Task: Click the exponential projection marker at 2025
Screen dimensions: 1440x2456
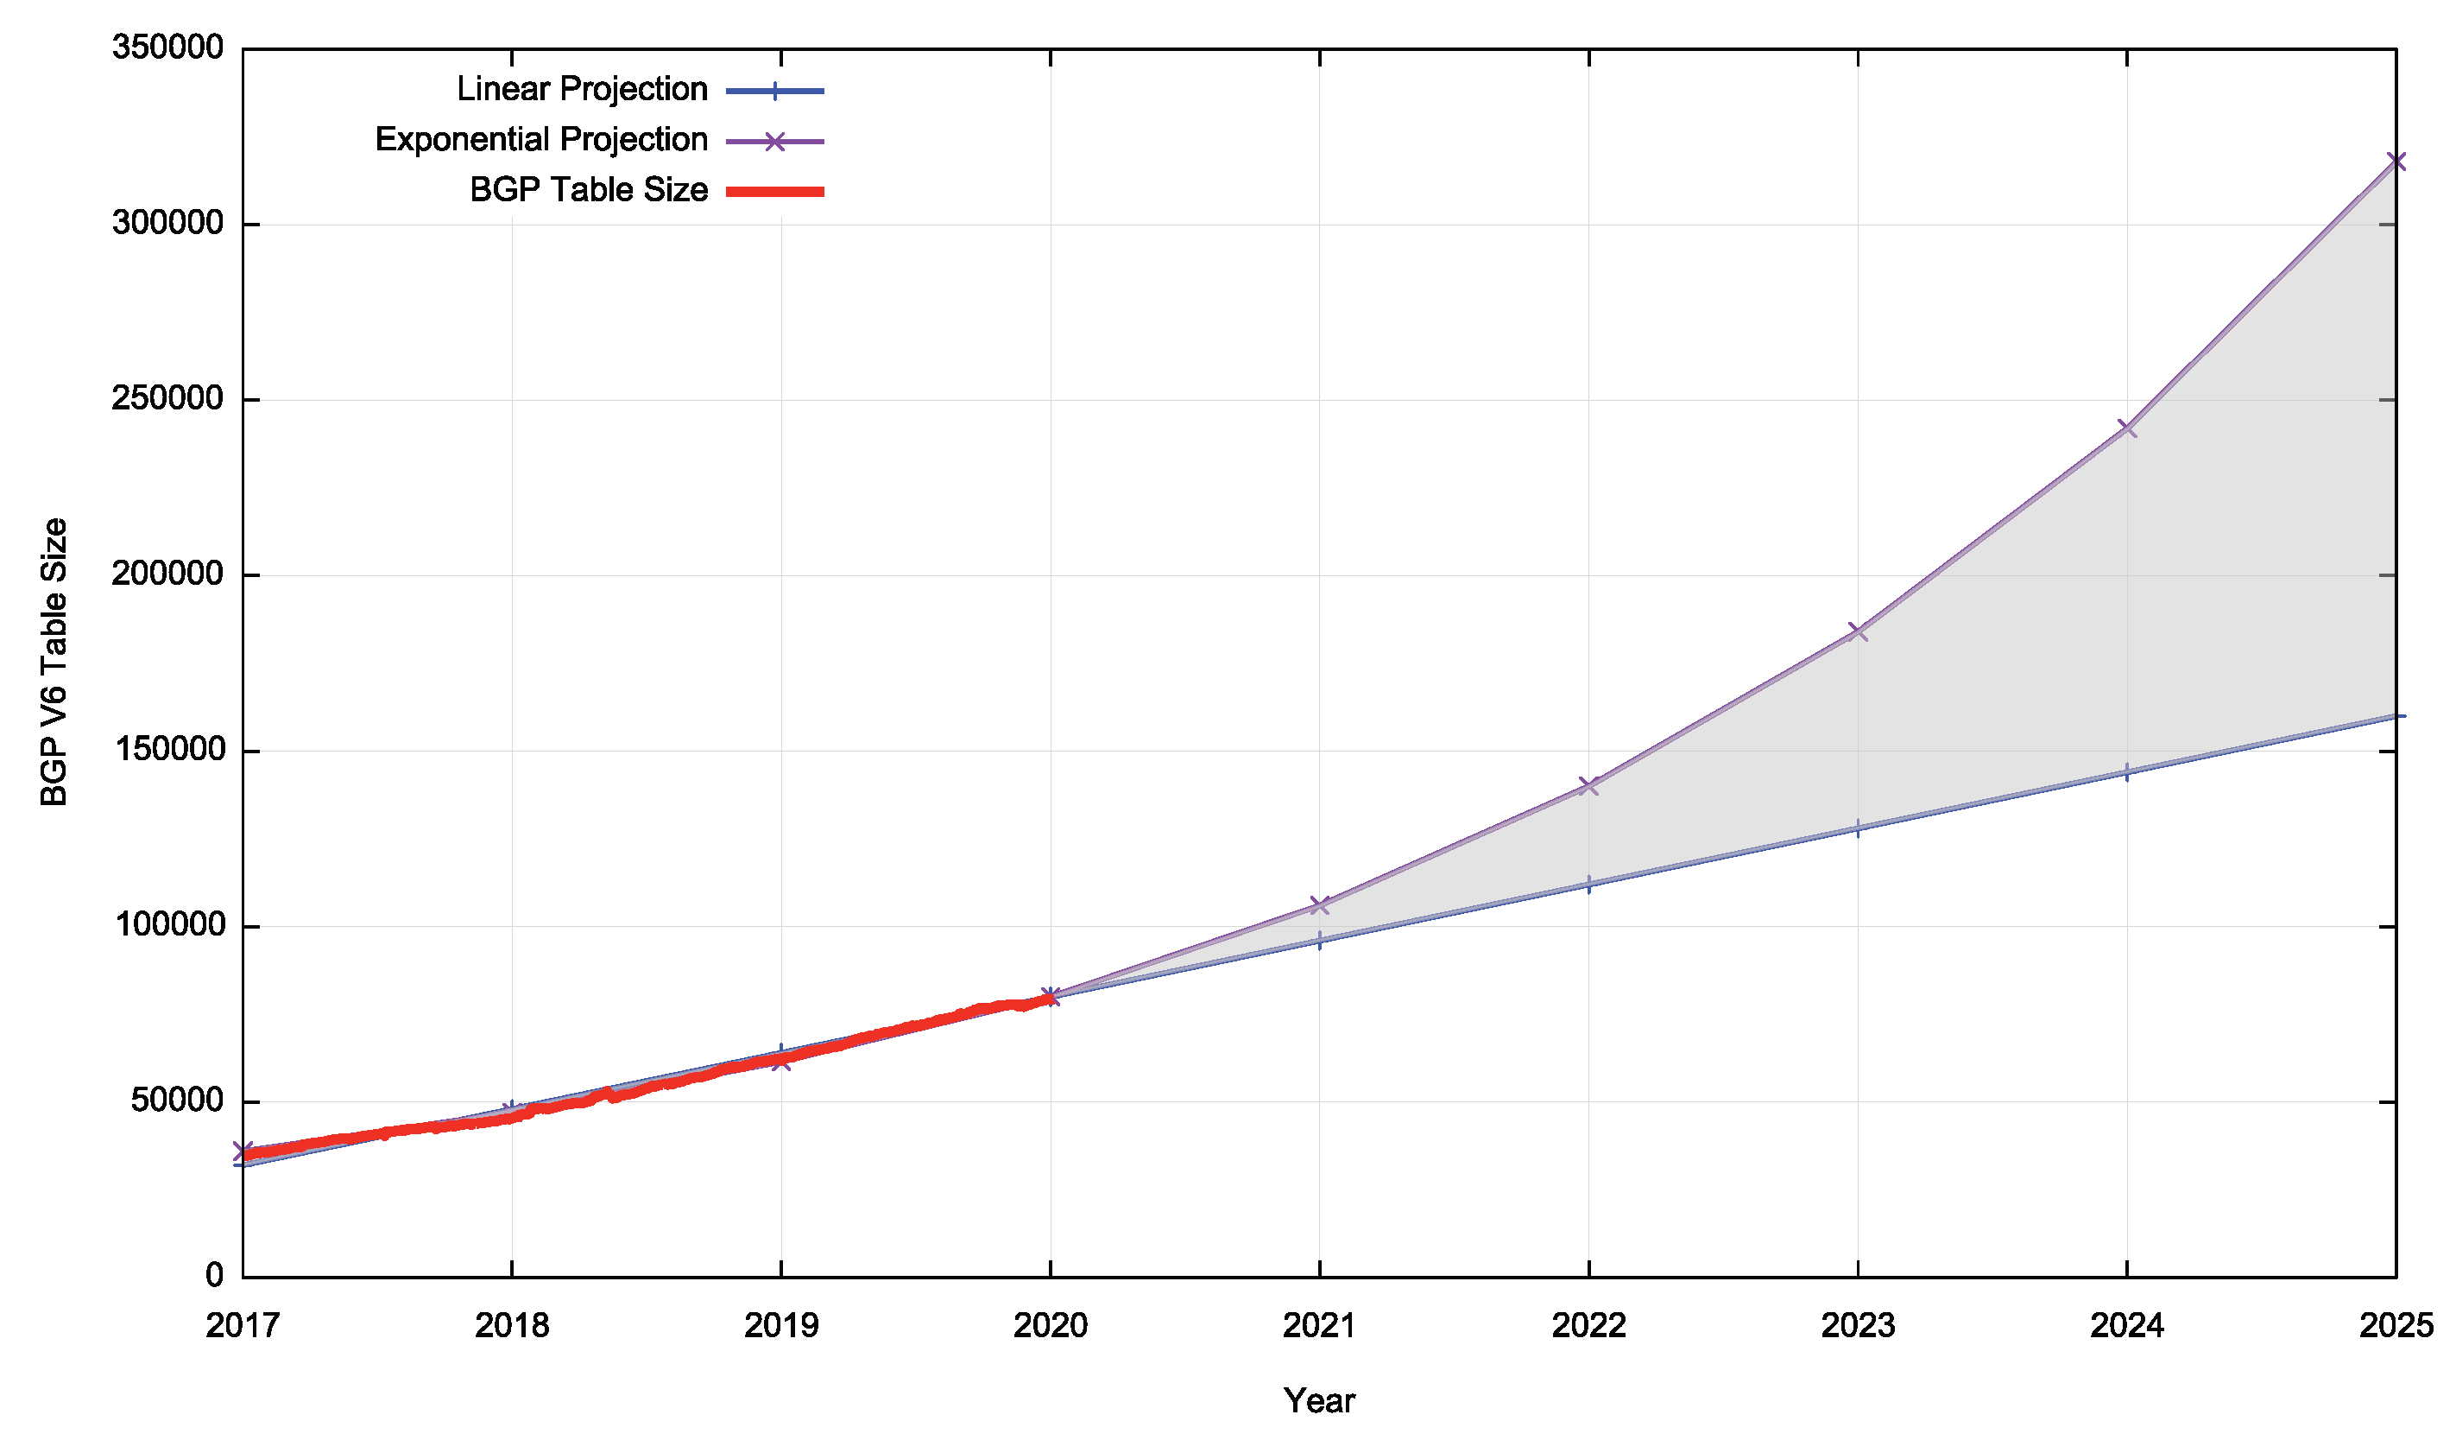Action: click(x=2396, y=162)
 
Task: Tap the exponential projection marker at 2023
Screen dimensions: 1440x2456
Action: click(x=1858, y=631)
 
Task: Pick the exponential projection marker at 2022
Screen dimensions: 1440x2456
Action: click(x=1588, y=786)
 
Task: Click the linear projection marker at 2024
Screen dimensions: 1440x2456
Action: click(x=2126, y=773)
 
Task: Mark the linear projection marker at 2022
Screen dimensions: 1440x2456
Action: click(x=1588, y=885)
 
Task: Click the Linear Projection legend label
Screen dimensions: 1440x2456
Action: click(x=582, y=90)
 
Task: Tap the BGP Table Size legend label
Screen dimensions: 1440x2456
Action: click(x=589, y=190)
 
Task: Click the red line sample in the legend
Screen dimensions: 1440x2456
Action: click(x=775, y=191)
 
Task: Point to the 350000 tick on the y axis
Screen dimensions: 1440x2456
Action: click(x=167, y=48)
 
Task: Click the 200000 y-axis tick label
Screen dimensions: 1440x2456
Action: click(x=167, y=574)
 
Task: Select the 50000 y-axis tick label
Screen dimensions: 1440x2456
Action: click(x=176, y=1101)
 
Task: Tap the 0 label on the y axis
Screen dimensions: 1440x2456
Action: click(x=214, y=1276)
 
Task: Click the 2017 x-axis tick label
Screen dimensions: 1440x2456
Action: click(x=243, y=1326)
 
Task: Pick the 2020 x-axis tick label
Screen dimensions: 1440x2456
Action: click(x=1051, y=1326)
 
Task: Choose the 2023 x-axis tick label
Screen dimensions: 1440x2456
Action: click(x=1858, y=1326)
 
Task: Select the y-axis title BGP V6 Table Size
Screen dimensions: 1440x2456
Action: click(x=54, y=662)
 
